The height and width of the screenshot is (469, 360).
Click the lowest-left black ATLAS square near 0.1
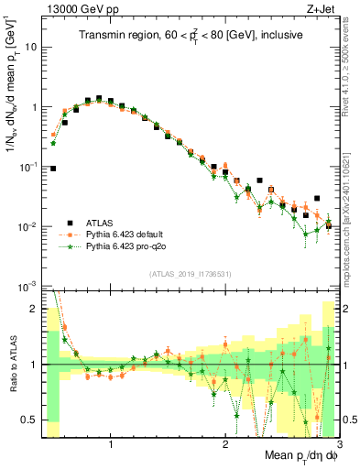pos(53,169)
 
